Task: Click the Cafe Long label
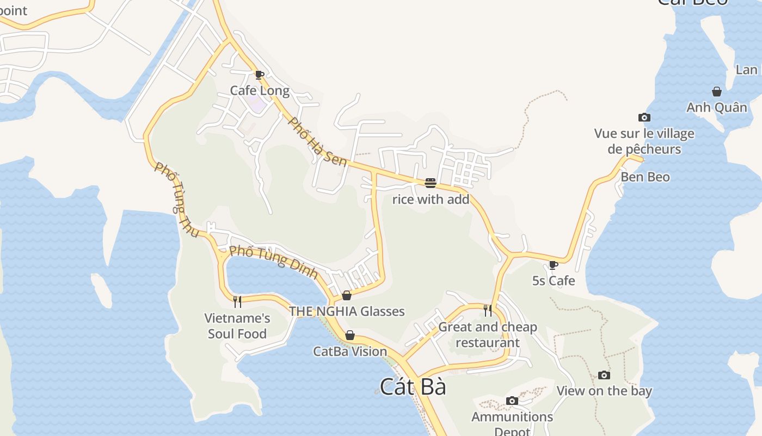(x=260, y=90)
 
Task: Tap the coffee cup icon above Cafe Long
(x=260, y=75)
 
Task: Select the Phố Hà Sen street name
(x=317, y=142)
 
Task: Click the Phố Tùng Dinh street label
(x=273, y=259)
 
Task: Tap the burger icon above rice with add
(x=431, y=183)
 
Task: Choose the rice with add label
(x=431, y=199)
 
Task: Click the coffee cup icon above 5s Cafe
(x=554, y=265)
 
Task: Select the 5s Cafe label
(x=554, y=281)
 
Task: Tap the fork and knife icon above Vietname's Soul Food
(x=237, y=301)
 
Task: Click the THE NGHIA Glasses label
(x=347, y=312)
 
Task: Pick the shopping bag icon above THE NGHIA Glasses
(x=347, y=295)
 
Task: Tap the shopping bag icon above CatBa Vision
(x=350, y=335)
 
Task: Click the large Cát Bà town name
(x=413, y=387)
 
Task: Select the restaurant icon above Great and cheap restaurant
(x=488, y=310)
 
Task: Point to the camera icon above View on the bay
(x=604, y=375)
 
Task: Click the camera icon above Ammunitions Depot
(x=512, y=401)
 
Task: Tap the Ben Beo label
(x=645, y=177)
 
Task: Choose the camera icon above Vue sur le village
(x=644, y=117)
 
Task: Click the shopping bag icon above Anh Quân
(x=717, y=92)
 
